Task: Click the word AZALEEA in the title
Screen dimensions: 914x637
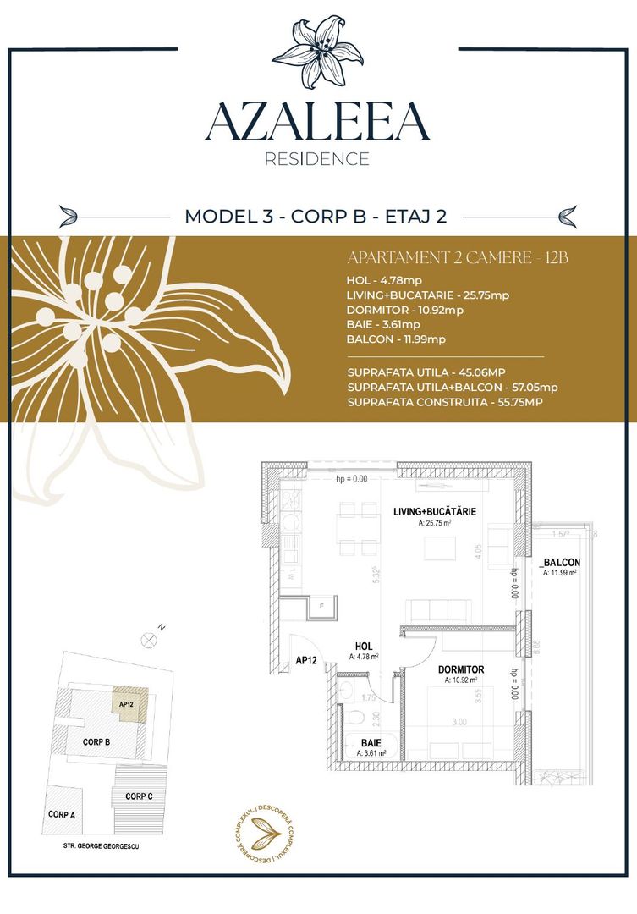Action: click(x=317, y=122)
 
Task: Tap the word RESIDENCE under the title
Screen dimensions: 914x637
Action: click(x=317, y=159)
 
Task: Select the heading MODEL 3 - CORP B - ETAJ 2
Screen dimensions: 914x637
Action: click(x=316, y=216)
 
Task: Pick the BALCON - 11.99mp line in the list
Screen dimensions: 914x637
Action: click(x=396, y=339)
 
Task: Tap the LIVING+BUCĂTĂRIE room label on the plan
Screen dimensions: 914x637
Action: click(x=434, y=512)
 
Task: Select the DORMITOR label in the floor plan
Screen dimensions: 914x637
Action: click(x=461, y=669)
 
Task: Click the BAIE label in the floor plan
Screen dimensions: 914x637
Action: click(x=371, y=741)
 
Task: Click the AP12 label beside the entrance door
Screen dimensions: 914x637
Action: click(x=306, y=662)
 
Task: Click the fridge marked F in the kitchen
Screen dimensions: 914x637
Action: click(x=321, y=607)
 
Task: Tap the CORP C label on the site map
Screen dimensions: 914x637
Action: click(x=139, y=796)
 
